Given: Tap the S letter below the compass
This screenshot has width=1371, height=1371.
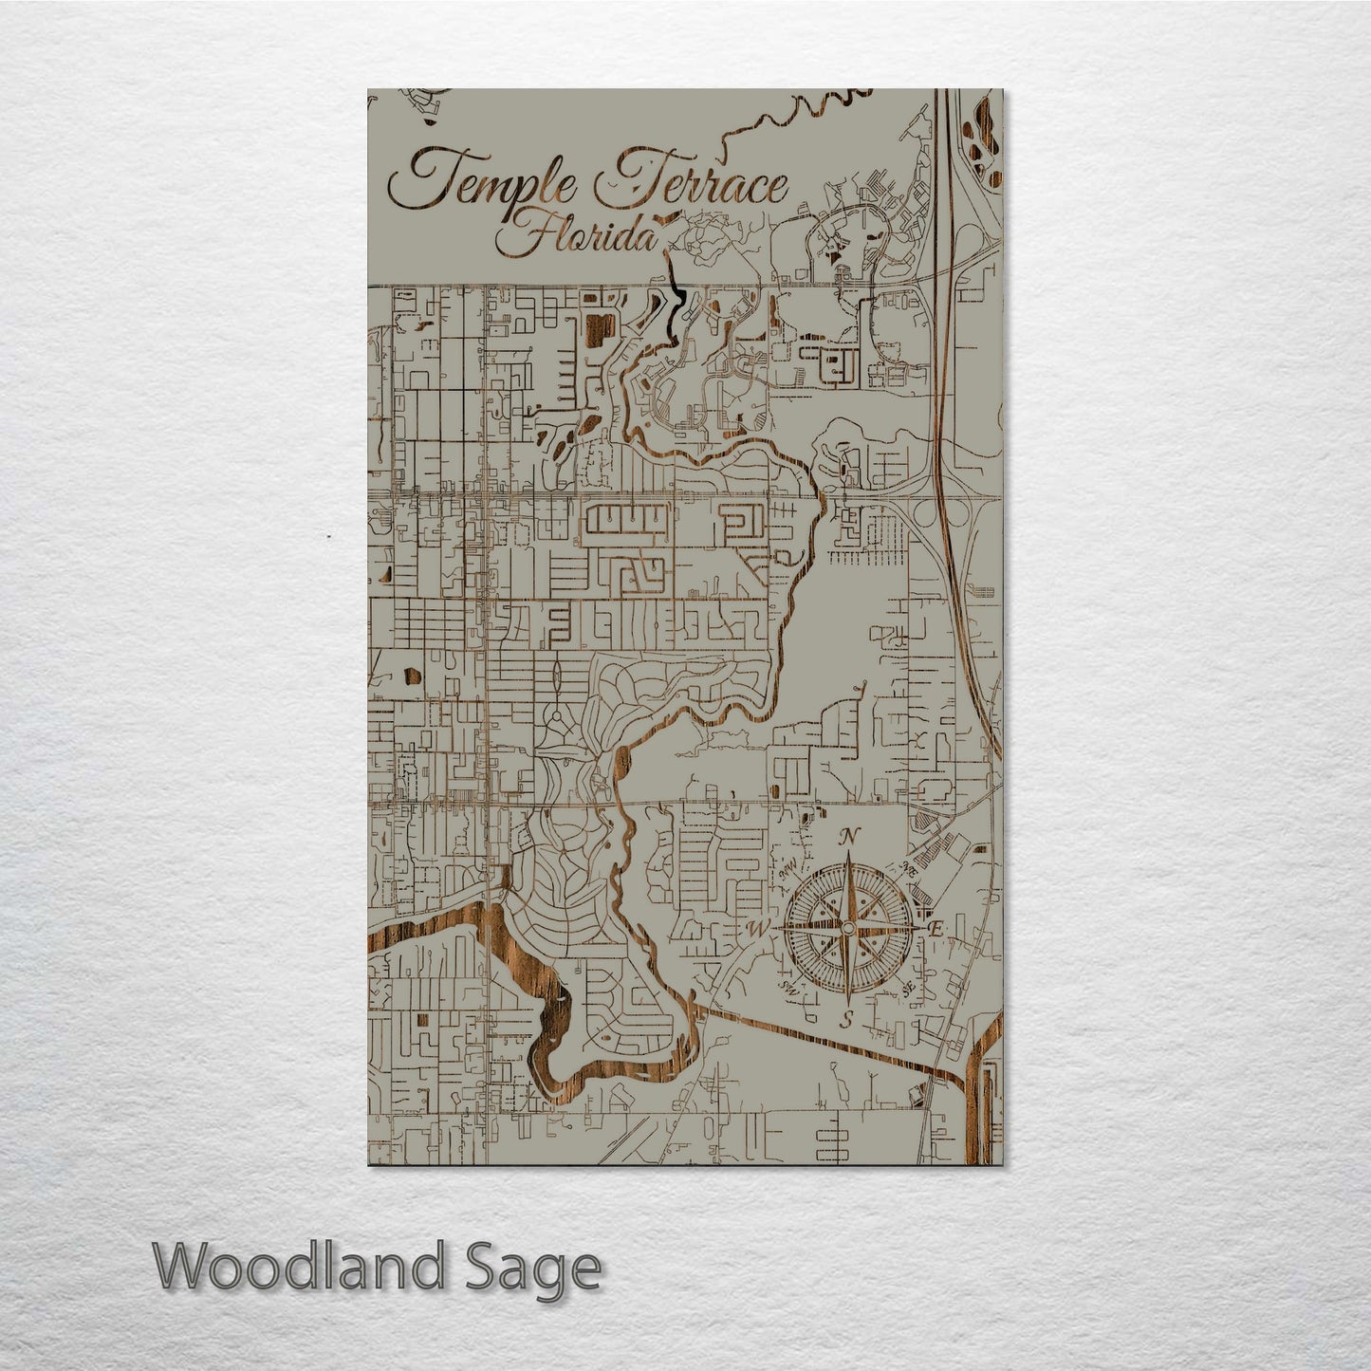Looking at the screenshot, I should pyautogui.click(x=847, y=1019).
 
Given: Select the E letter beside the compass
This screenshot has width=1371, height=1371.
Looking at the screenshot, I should pyautogui.click(x=935, y=929).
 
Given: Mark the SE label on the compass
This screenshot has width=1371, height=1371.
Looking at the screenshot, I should pyautogui.click(x=908, y=987).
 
